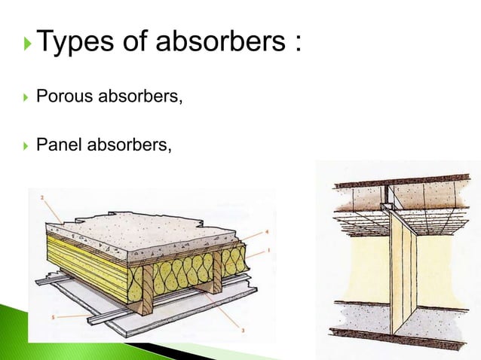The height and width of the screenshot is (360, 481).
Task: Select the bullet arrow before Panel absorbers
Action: (x=27, y=146)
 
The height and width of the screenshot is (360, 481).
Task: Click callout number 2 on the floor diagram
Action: (x=43, y=197)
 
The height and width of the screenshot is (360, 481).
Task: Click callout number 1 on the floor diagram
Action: (x=268, y=249)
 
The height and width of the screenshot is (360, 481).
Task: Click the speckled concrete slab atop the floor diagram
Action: (x=143, y=226)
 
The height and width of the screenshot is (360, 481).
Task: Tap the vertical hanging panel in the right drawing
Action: (x=403, y=279)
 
